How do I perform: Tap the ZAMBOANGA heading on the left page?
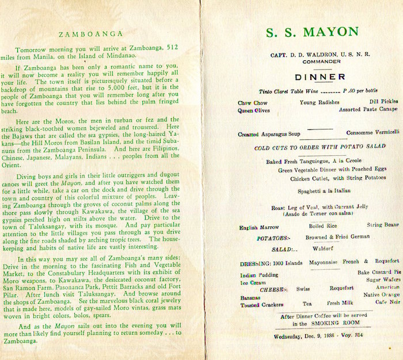(x=96, y=34)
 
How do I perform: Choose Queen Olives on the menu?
(x=254, y=109)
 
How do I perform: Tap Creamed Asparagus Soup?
(x=269, y=134)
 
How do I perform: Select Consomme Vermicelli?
(x=372, y=132)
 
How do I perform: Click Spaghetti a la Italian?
(x=315, y=190)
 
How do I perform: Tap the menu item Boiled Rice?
(x=323, y=227)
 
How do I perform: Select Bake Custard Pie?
(x=378, y=271)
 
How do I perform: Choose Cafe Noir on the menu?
(x=387, y=302)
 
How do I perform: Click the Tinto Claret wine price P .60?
(x=349, y=91)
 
